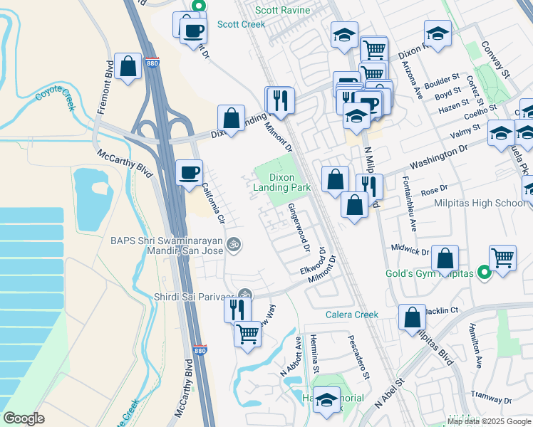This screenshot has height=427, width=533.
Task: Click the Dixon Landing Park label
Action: tap(282, 182)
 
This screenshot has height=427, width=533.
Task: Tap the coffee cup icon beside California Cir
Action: tap(190, 173)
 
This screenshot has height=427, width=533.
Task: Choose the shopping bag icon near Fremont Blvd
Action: tap(128, 67)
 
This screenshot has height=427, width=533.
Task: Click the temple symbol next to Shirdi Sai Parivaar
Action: tap(244, 295)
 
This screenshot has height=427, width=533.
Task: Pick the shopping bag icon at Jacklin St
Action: tap(412, 317)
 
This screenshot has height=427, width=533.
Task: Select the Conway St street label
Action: tap(502, 63)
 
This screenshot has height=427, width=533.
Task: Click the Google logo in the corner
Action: tap(24, 418)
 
